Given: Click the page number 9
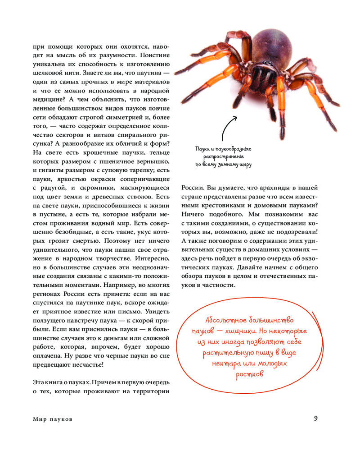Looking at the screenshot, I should [316, 418].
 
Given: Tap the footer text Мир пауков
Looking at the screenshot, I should [53, 419].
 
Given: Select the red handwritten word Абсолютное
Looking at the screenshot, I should [223, 320].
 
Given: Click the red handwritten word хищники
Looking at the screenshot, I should [254, 332].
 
